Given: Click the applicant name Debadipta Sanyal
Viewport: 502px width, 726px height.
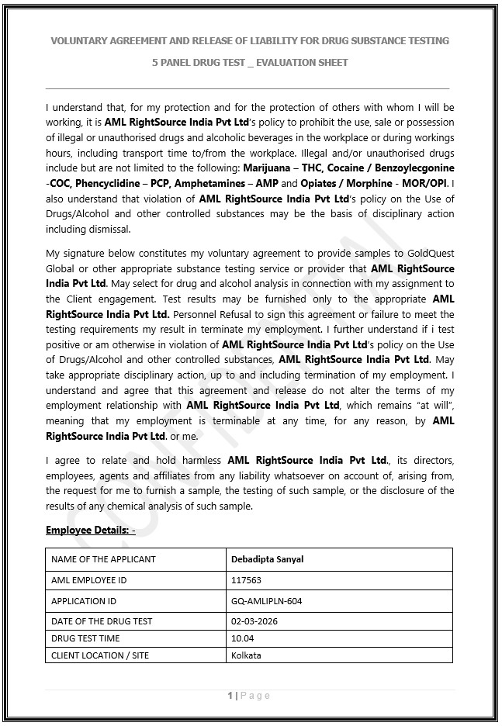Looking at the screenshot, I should pos(267,559).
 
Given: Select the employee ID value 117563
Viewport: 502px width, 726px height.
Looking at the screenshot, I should pos(246,580).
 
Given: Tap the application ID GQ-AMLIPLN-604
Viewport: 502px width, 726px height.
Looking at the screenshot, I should pos(267,601).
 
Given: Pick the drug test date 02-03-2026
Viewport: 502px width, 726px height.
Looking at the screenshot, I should pos(254,621).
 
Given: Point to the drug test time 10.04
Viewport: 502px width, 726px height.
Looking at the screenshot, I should pos(243,638).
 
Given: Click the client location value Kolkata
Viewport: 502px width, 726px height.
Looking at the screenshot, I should pos(246,655).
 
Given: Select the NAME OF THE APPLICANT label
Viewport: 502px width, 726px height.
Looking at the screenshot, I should pos(103,559).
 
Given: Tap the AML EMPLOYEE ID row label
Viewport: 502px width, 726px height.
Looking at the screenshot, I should pos(88,580).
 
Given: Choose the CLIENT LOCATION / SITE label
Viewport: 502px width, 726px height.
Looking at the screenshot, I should pos(100,655).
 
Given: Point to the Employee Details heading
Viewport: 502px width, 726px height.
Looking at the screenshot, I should pos(91,530).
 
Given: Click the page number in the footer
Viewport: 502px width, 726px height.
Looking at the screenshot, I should pos(230,696).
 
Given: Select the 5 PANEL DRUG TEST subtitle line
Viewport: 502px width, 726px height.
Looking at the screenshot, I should pos(250,62).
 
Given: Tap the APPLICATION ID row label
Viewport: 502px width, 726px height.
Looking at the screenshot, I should pos(84,601).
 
